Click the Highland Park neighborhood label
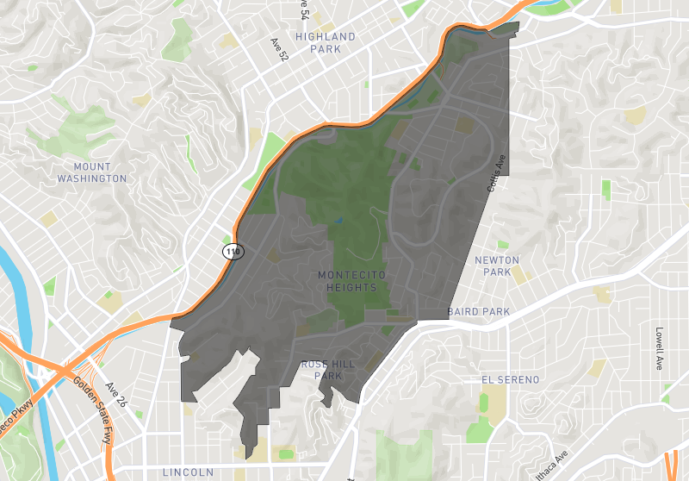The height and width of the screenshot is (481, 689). point(325,43)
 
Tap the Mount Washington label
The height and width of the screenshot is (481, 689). point(92,172)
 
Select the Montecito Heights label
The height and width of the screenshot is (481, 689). point(351,281)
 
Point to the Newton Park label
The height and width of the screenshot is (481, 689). point(497,265)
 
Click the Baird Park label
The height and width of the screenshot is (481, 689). point(478,311)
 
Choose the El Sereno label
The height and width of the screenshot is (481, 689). point(510,379)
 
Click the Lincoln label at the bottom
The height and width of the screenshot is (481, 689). point(188,472)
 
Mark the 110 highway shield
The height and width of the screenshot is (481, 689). point(233,252)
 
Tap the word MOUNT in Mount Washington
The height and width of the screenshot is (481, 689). point(92,166)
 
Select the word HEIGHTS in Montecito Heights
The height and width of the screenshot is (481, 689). point(351,287)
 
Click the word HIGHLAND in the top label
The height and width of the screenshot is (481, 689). point(325,37)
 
